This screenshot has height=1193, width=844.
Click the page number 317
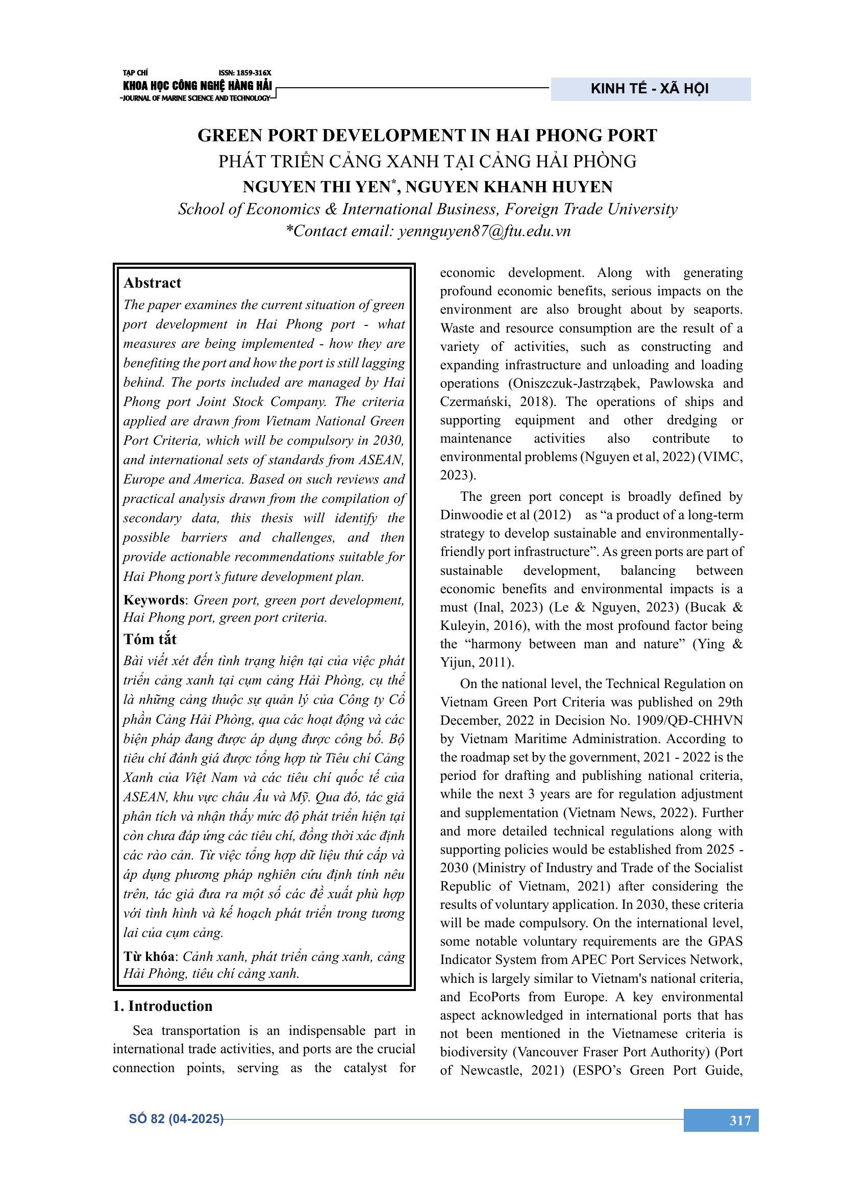[x=739, y=1120]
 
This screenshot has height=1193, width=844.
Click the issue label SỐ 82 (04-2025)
[x=176, y=1119]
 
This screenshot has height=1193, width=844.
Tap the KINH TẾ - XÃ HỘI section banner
[x=650, y=89]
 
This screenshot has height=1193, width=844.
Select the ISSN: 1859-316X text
[x=245, y=73]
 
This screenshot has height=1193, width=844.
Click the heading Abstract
[x=152, y=283]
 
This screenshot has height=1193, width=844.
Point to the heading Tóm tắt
[x=150, y=639]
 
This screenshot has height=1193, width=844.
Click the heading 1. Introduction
[x=163, y=1006]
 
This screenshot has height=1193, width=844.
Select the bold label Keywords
[x=154, y=600]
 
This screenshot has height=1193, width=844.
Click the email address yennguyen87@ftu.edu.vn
[x=484, y=231]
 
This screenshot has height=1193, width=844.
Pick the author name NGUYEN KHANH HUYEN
[x=509, y=187]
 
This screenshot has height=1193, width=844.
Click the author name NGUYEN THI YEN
[x=316, y=187]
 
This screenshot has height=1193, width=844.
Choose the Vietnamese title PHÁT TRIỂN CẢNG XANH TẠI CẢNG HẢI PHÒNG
[x=427, y=161]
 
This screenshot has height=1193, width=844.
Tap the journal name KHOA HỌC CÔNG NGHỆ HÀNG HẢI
[x=197, y=86]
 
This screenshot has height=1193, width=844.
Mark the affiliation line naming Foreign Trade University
[x=427, y=209]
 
